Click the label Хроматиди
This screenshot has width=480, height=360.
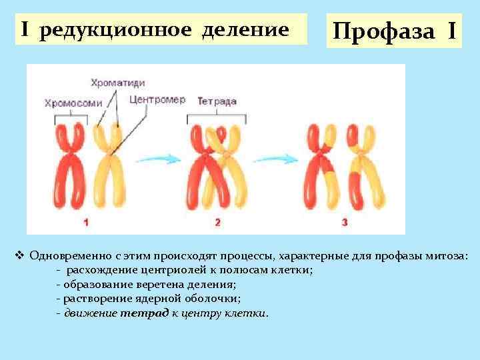[x=117, y=82]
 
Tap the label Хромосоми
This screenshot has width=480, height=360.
[x=73, y=103]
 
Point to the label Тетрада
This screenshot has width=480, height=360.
[x=217, y=101]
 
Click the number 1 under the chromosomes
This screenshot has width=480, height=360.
[x=87, y=222]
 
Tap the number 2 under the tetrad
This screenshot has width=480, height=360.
[x=217, y=222]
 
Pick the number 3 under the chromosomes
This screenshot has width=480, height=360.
[x=344, y=222]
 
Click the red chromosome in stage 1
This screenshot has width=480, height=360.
[x=67, y=167]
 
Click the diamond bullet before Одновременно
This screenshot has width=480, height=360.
[x=19, y=255]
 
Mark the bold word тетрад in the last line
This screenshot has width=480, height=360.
[x=137, y=313]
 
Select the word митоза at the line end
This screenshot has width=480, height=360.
[x=449, y=256]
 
